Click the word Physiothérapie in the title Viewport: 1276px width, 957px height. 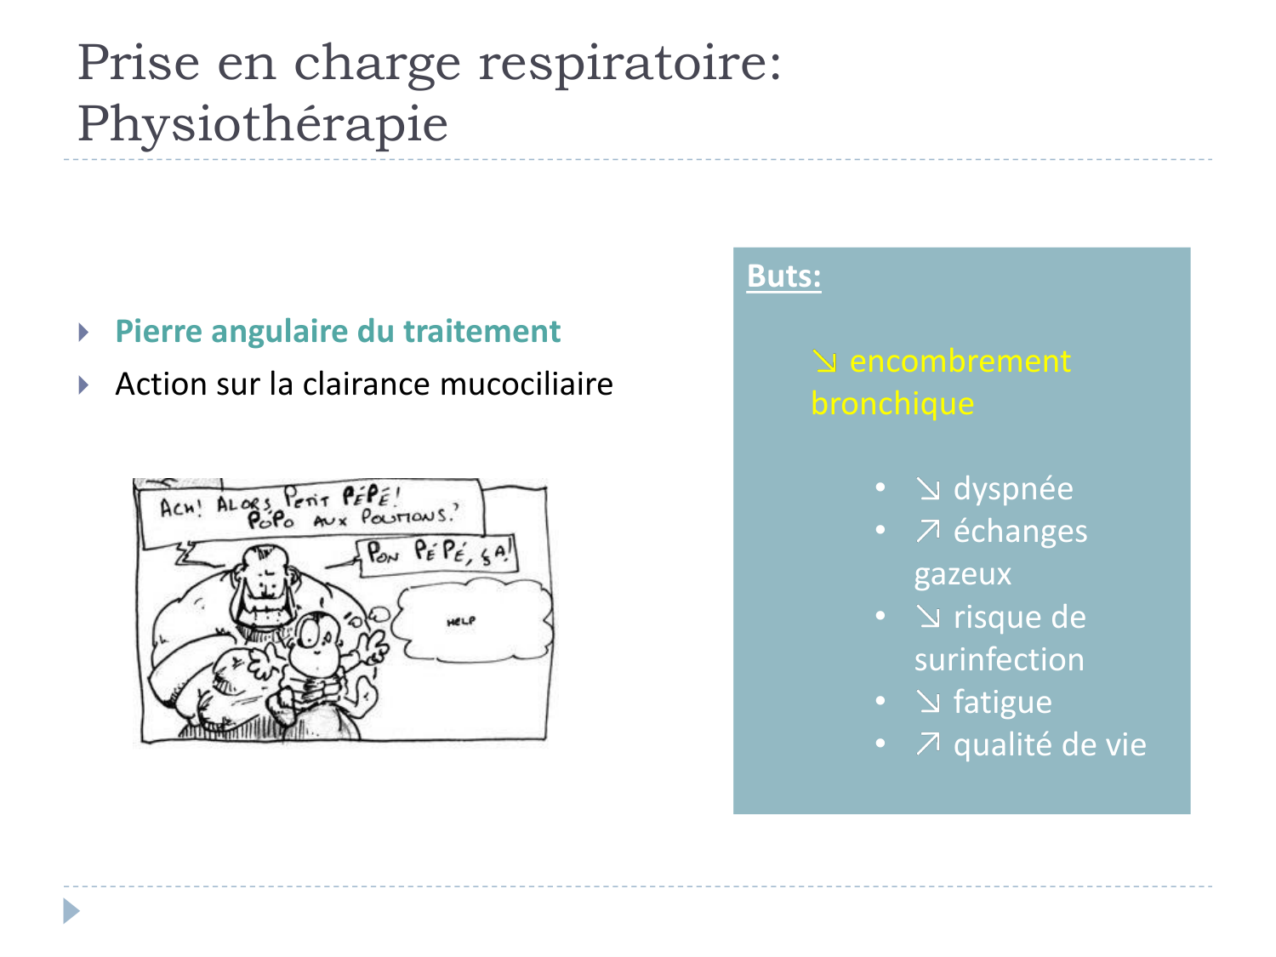pyautogui.click(x=262, y=124)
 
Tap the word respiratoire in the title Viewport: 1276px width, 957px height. pyautogui.click(x=630, y=63)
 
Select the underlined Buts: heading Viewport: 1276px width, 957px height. pyautogui.click(x=783, y=276)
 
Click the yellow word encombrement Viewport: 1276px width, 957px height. pyautogui.click(x=960, y=362)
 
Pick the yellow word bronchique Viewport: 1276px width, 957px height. pyautogui.click(x=892, y=403)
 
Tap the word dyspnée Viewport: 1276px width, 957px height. pyautogui.click(x=1012, y=489)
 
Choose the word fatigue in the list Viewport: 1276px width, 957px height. pyautogui.click(x=1002, y=703)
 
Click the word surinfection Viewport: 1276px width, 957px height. pyautogui.click(x=999, y=660)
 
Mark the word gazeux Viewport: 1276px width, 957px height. pyautogui.click(x=962, y=575)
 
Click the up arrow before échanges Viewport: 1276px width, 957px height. pyautogui.click(x=928, y=532)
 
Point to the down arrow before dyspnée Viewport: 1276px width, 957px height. pyautogui.click(x=928, y=489)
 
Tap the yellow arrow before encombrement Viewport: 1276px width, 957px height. pyautogui.click(x=824, y=362)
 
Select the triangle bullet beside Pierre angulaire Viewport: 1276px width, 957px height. pyautogui.click(x=83, y=332)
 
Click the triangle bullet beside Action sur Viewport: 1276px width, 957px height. pyautogui.click(x=83, y=385)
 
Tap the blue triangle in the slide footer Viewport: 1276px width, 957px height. pyautogui.click(x=71, y=911)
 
